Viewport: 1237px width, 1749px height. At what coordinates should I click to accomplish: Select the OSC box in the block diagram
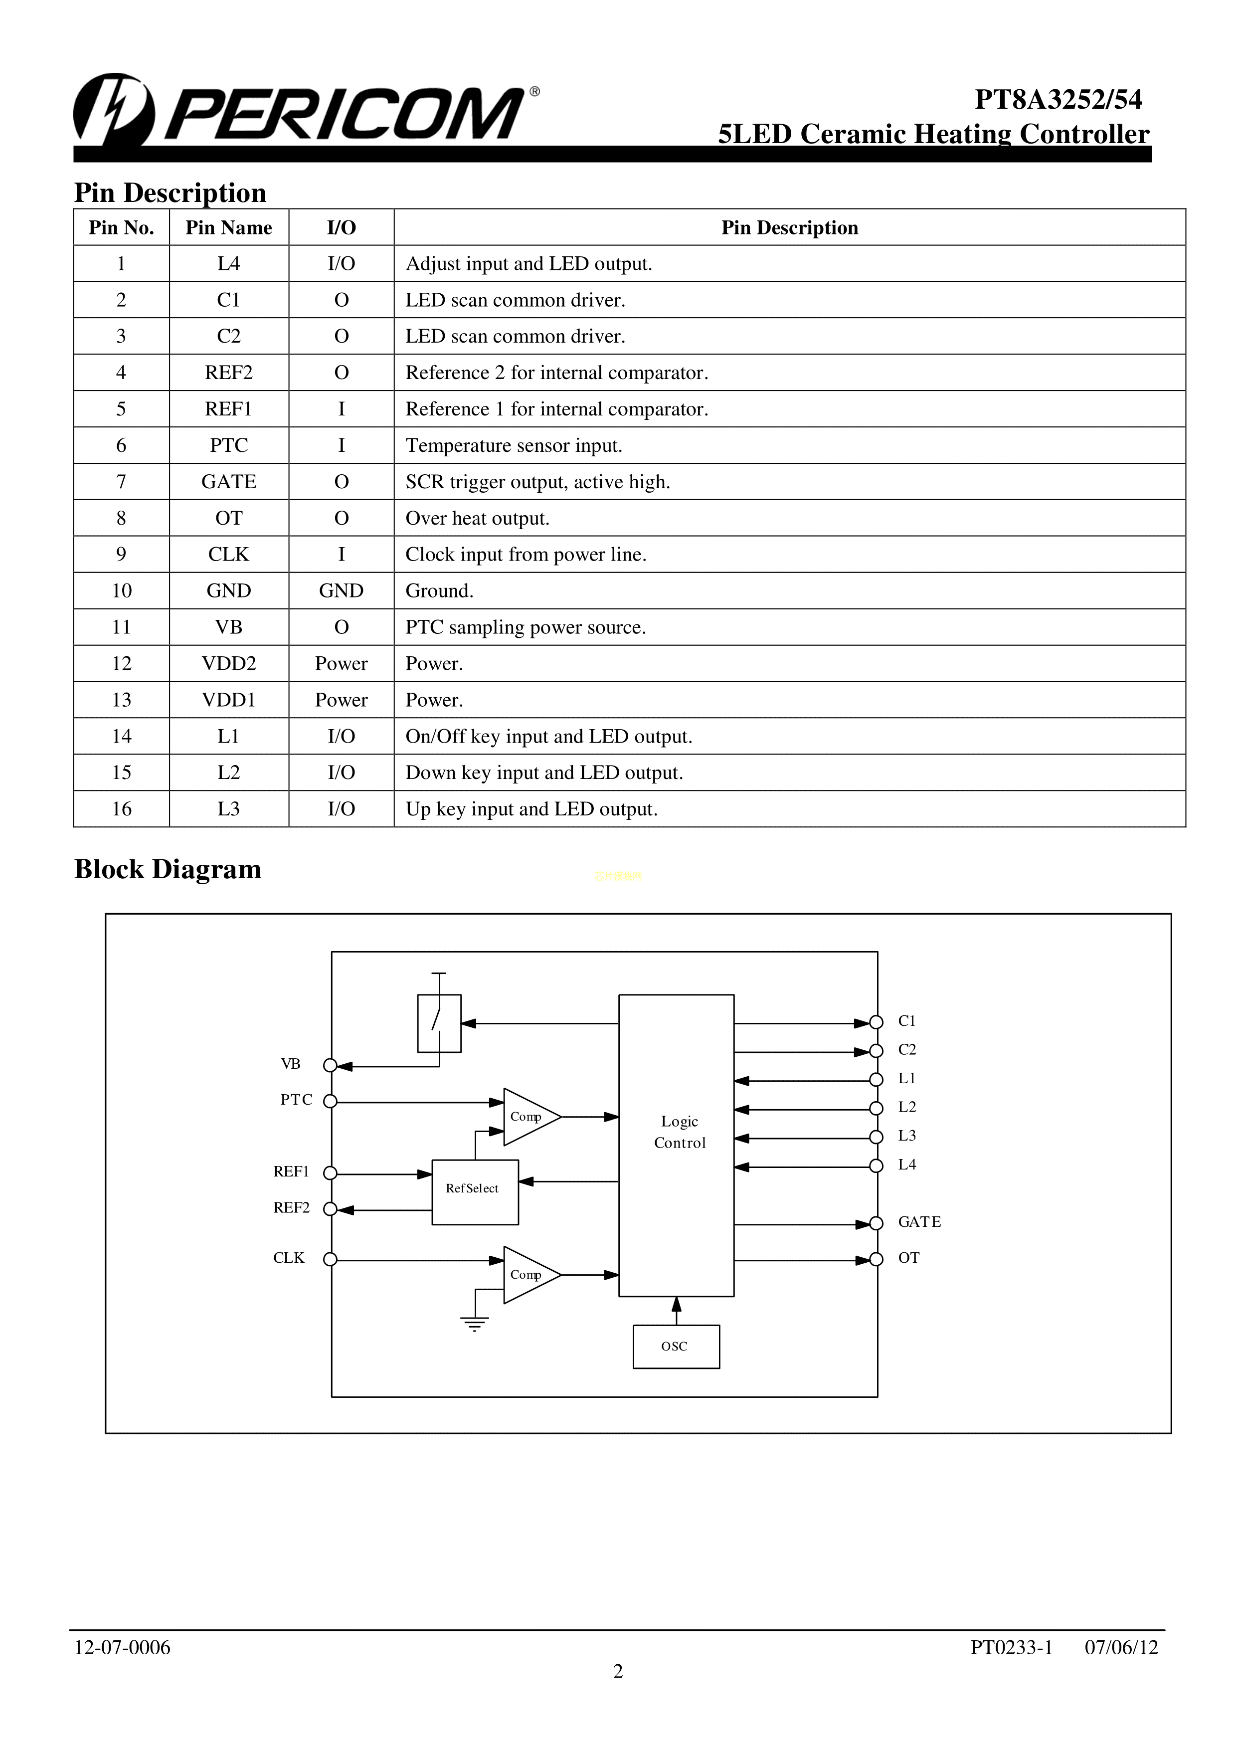click(676, 1347)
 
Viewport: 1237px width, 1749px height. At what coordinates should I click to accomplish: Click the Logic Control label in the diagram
click(680, 1132)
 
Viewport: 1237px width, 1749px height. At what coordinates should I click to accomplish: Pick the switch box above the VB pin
click(439, 1023)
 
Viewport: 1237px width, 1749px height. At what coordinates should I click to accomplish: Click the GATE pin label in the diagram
click(919, 1222)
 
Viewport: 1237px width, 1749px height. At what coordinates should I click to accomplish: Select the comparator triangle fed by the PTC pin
click(530, 1117)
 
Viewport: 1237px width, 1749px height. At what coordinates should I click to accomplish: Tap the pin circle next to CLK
click(330, 1259)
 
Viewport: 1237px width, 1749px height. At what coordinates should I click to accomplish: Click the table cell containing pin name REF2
click(228, 373)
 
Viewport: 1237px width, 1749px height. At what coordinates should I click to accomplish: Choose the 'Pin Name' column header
click(228, 228)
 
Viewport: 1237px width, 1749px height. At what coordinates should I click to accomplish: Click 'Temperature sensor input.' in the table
click(514, 446)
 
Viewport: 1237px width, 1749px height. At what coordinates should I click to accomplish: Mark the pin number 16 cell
click(121, 809)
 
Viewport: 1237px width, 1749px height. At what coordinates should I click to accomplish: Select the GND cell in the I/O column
click(341, 591)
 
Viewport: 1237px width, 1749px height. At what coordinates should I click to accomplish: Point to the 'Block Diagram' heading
click(168, 869)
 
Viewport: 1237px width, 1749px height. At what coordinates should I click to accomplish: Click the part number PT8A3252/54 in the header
click(1058, 100)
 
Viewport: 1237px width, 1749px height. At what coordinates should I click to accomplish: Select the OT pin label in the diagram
click(909, 1258)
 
